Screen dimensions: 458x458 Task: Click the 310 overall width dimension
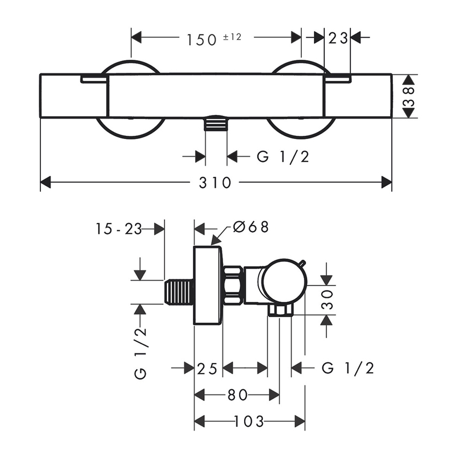215,183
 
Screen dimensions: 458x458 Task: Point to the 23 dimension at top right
337,38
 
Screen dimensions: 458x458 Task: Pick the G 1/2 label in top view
283,157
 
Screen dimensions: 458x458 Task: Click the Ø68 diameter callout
251,227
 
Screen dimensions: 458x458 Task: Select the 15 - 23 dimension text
118,228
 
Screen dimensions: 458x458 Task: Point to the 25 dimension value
208,369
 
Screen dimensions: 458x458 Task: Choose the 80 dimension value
237,395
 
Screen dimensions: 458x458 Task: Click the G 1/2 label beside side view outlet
348,369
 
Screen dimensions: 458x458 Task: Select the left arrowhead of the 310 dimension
46,183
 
